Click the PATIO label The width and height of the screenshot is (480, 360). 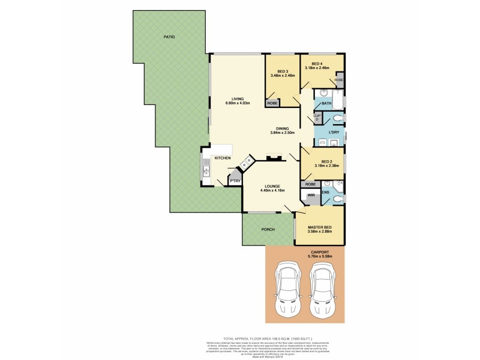(x=169, y=37)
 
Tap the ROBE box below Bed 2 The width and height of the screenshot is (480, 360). (x=310, y=184)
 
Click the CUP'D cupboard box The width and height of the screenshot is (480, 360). (x=316, y=118)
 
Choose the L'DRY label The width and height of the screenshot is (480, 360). (x=327, y=131)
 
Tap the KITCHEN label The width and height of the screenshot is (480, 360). (x=223, y=158)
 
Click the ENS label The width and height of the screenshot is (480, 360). (x=325, y=193)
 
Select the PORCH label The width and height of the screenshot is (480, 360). (x=268, y=229)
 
